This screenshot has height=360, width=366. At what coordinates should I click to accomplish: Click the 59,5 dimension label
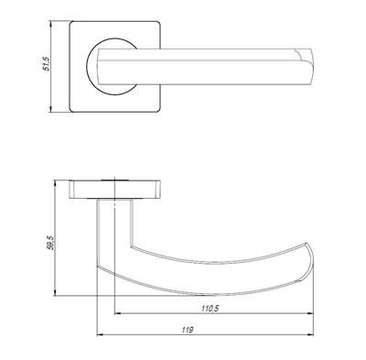tap(50, 243)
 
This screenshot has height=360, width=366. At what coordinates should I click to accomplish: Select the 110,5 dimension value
tap(210, 309)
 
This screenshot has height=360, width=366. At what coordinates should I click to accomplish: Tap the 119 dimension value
tap(188, 330)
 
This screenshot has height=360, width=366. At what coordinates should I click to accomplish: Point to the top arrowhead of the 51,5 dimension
tap(51, 24)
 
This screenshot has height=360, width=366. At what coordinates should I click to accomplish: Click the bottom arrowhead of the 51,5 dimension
tap(51, 110)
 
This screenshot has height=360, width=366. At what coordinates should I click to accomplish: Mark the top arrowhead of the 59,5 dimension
tap(55, 183)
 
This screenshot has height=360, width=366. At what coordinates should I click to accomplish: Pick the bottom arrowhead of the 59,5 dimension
tap(55, 292)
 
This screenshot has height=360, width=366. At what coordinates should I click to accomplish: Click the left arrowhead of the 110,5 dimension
tap(118, 313)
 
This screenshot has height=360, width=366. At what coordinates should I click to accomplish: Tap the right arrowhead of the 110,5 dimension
tap(310, 313)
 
